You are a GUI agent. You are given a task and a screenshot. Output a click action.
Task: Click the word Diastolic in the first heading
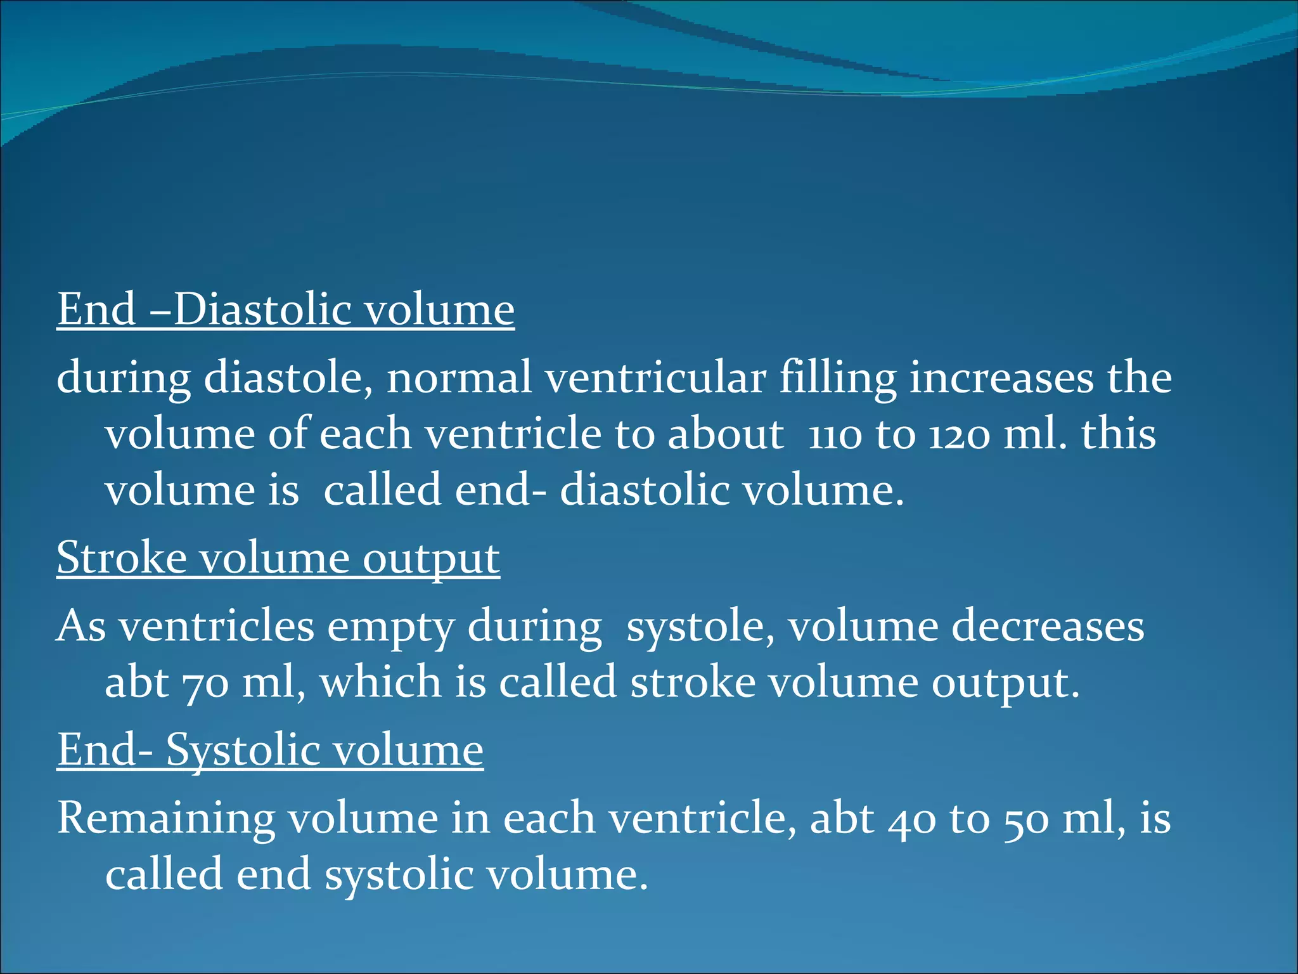(x=262, y=309)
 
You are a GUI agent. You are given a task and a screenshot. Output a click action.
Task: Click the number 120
(x=959, y=435)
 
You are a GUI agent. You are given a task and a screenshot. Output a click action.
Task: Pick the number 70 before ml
(x=205, y=684)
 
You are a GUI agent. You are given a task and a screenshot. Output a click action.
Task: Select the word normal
(x=459, y=378)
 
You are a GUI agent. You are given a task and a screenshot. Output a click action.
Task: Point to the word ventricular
(x=655, y=378)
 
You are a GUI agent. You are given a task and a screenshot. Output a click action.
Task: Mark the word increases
(x=1001, y=378)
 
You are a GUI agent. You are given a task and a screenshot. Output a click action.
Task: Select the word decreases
(x=1048, y=627)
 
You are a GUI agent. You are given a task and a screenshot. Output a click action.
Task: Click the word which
(x=380, y=682)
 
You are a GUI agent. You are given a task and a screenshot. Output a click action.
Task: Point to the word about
(x=726, y=434)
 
